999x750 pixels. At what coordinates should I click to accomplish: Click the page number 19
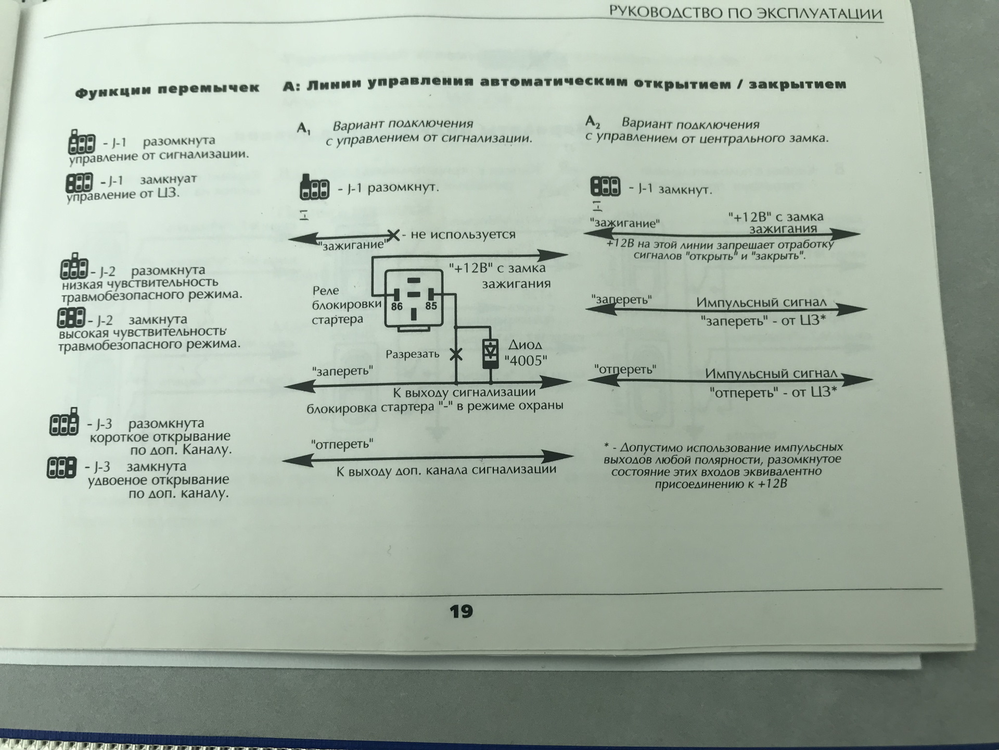(461, 611)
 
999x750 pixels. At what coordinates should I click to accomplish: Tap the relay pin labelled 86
(396, 306)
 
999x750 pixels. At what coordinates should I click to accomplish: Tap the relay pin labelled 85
(431, 306)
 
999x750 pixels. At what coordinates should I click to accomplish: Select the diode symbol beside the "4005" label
(490, 354)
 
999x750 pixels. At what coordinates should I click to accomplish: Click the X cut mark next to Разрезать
(456, 354)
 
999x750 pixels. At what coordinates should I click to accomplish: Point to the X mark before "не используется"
(393, 235)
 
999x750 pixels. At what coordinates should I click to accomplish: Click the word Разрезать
(412, 354)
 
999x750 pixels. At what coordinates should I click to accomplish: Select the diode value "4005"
(526, 360)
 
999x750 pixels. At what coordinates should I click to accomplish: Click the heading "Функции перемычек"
(167, 90)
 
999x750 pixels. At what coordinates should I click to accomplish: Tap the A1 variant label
(303, 128)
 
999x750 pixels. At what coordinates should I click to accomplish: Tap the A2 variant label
(593, 123)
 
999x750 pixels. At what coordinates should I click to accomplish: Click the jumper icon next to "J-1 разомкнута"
(82, 142)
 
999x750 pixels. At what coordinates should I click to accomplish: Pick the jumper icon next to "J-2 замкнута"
(71, 318)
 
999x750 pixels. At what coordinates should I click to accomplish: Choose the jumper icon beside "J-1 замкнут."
(605, 186)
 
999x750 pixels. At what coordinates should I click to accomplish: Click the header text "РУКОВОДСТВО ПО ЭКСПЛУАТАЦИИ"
(745, 14)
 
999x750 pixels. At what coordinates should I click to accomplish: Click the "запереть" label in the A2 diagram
(622, 301)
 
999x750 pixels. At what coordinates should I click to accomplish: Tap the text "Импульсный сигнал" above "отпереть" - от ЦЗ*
(771, 374)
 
